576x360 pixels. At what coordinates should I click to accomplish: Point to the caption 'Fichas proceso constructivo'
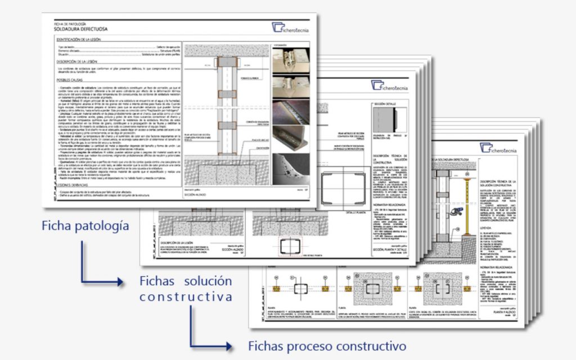click(x=327, y=345)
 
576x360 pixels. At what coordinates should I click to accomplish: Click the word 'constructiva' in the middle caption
click(x=186, y=296)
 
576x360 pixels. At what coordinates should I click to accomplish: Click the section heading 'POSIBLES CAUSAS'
click(x=70, y=82)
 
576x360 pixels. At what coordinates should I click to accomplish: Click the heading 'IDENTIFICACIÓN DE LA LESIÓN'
click(x=82, y=40)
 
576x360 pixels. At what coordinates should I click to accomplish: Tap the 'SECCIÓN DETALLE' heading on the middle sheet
click(x=388, y=105)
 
